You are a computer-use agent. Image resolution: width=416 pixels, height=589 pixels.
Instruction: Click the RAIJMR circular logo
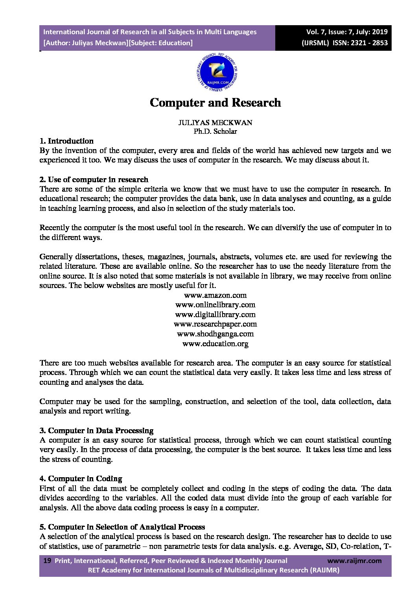(217, 73)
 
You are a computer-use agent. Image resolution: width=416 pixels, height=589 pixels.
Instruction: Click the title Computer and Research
(215, 103)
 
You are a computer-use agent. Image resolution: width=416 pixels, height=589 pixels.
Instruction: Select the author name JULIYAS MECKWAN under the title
(215, 122)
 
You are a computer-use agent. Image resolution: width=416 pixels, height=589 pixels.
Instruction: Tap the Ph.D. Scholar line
(215, 131)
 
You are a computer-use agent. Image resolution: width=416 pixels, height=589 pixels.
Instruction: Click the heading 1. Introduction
(66, 141)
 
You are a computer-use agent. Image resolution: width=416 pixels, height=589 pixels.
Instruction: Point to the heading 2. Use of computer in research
(94, 179)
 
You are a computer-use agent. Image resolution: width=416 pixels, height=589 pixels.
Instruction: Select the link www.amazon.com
(215, 295)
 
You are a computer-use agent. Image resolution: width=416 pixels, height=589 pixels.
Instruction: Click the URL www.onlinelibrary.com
(215, 305)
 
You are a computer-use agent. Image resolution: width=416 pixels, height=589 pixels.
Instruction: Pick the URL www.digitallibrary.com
(215, 314)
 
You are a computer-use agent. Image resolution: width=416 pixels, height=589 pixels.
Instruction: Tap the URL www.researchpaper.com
(215, 324)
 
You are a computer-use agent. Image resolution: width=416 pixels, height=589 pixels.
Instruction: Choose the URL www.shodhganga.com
(215, 334)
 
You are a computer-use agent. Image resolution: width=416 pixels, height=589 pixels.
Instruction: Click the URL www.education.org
(215, 343)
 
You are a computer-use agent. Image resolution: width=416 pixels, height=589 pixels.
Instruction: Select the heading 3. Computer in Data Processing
(96, 430)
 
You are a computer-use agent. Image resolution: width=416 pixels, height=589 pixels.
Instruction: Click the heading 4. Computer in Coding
(81, 478)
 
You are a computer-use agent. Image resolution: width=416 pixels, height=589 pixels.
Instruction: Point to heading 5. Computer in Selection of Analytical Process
(122, 527)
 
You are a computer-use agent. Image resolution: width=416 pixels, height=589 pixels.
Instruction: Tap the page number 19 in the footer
(47, 561)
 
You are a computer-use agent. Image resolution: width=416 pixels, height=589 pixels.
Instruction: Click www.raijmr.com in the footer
(354, 561)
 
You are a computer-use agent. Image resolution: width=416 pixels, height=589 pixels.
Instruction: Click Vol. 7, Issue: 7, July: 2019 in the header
(347, 32)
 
